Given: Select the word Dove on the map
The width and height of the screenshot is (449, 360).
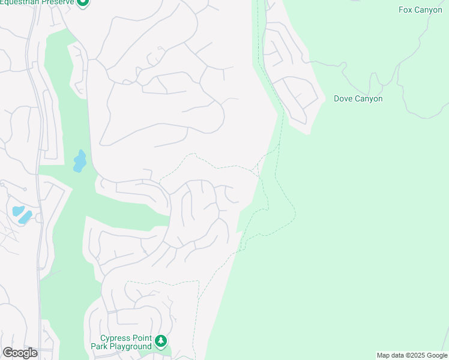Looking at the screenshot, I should tap(344, 98).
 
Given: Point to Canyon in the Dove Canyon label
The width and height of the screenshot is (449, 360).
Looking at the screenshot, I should tap(369, 98).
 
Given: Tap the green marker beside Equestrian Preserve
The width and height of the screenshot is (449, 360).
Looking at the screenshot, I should tap(83, 2).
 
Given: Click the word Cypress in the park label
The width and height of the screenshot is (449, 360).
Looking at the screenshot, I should tap(115, 337).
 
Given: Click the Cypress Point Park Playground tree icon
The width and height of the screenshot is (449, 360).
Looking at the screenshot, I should tap(160, 341).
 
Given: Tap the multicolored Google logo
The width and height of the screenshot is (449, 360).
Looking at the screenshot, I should tap(20, 353).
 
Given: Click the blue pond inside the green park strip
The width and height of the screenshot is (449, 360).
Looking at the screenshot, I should tap(79, 161).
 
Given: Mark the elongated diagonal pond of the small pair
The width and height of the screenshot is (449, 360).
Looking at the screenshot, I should tap(26, 217).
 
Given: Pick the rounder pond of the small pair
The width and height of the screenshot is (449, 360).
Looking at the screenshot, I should tap(17, 211).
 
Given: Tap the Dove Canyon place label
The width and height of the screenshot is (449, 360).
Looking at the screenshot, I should tap(358, 98).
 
